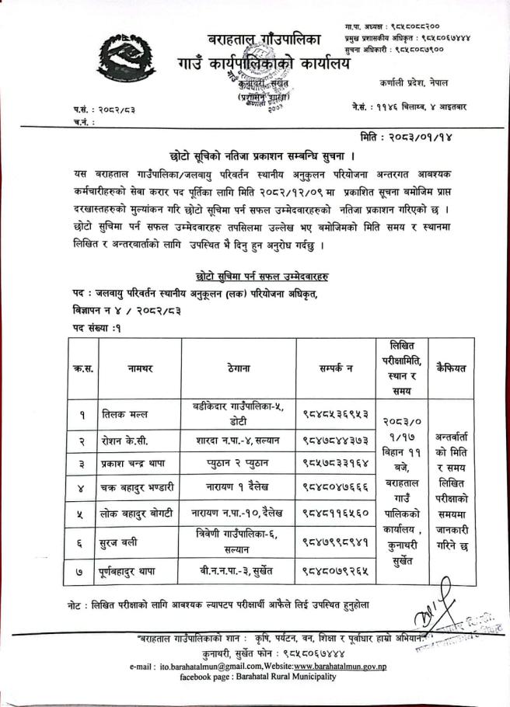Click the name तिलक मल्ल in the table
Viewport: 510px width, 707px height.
point(126,415)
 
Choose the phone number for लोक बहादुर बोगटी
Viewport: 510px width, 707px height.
point(335,513)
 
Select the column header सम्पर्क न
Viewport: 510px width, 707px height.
point(336,370)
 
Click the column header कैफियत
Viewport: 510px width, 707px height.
point(451,369)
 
